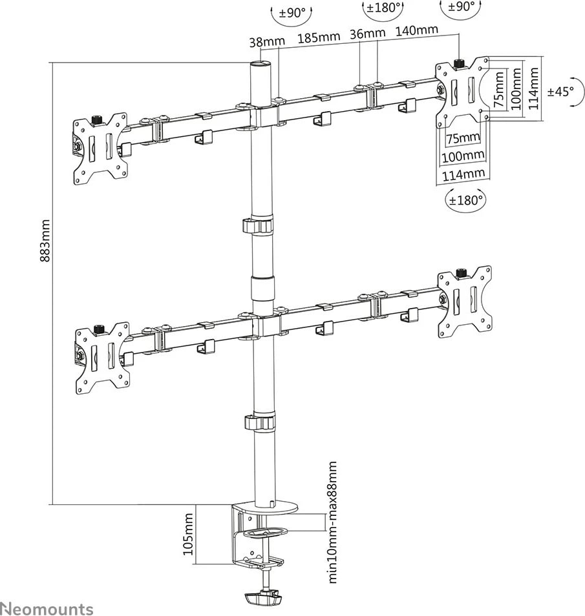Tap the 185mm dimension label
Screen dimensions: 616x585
tap(318, 36)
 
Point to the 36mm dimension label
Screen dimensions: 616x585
tap(368, 33)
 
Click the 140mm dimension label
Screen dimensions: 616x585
tap(416, 30)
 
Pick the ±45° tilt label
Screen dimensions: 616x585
tap(560, 91)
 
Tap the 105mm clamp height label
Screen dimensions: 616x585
tap(189, 534)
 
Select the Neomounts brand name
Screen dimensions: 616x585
tap(47, 608)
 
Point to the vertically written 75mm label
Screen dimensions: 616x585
tap(498, 89)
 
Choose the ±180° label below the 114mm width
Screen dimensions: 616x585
tap(465, 200)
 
